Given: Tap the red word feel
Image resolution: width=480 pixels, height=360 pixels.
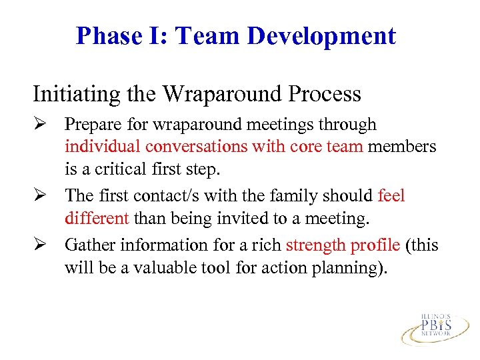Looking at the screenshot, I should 391,196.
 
